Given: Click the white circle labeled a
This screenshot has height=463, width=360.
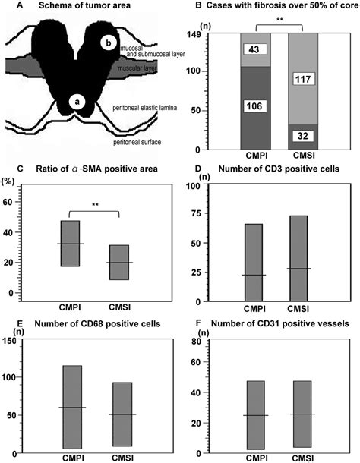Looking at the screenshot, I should coord(77,99).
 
